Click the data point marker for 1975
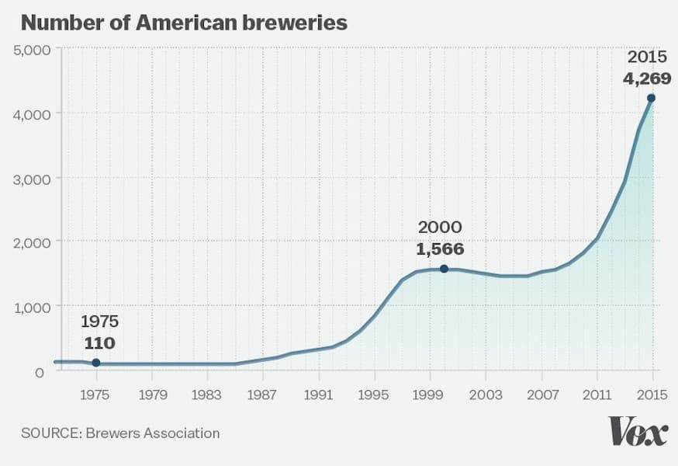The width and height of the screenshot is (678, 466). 96,363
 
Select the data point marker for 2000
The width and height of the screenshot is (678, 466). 444,269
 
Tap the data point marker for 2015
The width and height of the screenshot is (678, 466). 652,98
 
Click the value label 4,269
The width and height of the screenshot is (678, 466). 647,78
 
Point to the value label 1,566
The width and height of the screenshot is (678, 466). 440,249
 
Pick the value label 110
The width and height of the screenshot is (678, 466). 100,343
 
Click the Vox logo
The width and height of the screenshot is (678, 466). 638,431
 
